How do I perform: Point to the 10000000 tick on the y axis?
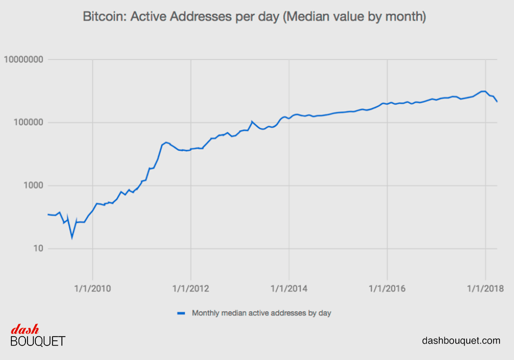point(23,60)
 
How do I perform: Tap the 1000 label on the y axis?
point(33,186)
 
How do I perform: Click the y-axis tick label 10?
point(37,249)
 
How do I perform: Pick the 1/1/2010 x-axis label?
point(93,287)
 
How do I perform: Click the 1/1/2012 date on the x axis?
point(191,287)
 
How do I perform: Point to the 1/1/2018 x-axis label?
point(485,287)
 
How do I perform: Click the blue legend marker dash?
point(181,313)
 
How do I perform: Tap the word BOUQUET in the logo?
point(38,341)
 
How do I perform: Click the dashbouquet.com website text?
point(461,341)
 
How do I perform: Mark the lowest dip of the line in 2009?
point(72,237)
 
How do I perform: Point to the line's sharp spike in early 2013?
point(252,122)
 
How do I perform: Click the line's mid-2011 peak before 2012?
point(166,142)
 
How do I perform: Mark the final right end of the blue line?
point(497,101)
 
